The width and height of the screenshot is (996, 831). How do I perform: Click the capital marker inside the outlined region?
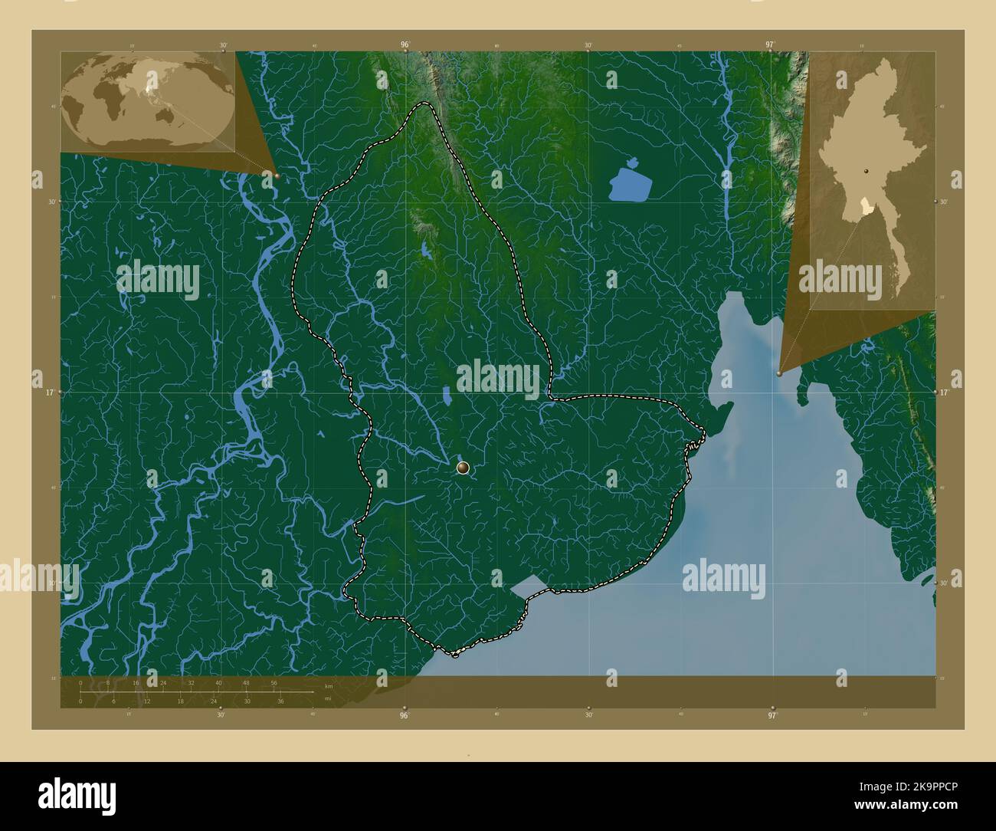(x=463, y=467)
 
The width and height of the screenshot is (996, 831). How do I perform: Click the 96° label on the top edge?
(x=405, y=45)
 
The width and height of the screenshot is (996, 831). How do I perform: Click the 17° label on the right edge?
(x=944, y=392)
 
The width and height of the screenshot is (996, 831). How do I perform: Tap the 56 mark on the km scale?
(x=274, y=682)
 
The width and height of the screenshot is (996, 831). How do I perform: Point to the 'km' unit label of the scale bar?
(x=328, y=686)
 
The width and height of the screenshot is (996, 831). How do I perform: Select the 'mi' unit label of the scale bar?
(x=328, y=698)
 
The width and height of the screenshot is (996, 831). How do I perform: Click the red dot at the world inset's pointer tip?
(x=277, y=176)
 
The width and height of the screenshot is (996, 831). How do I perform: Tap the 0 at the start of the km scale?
(x=80, y=682)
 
